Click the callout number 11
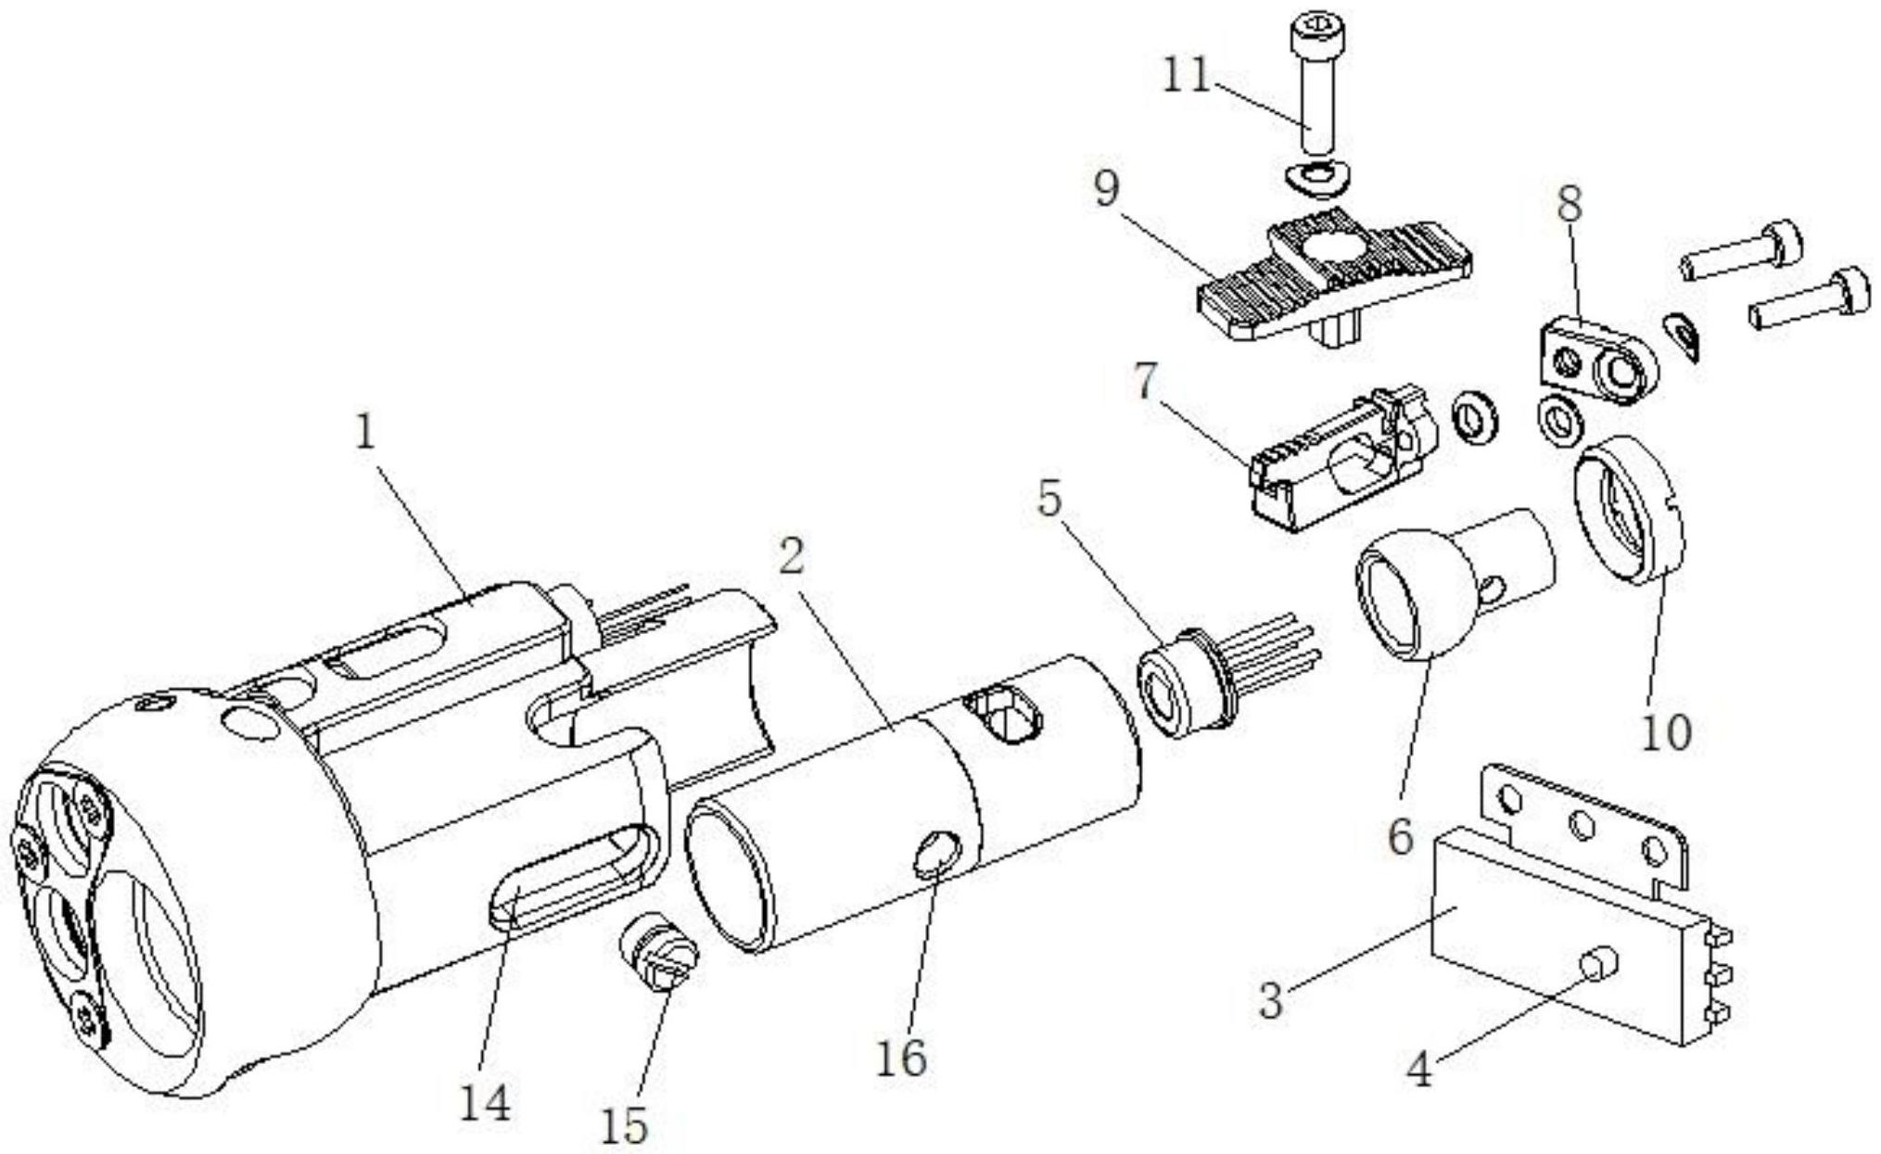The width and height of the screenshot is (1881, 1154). [x=1188, y=76]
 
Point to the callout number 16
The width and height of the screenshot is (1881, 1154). [x=901, y=1057]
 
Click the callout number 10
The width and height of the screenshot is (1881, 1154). [x=1666, y=731]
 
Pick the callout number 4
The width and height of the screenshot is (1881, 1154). [x=1419, y=1071]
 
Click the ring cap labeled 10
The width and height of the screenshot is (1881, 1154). [x=1628, y=510]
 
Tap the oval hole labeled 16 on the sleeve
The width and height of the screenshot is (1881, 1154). [x=936, y=853]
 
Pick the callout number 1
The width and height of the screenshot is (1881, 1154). [x=367, y=432]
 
